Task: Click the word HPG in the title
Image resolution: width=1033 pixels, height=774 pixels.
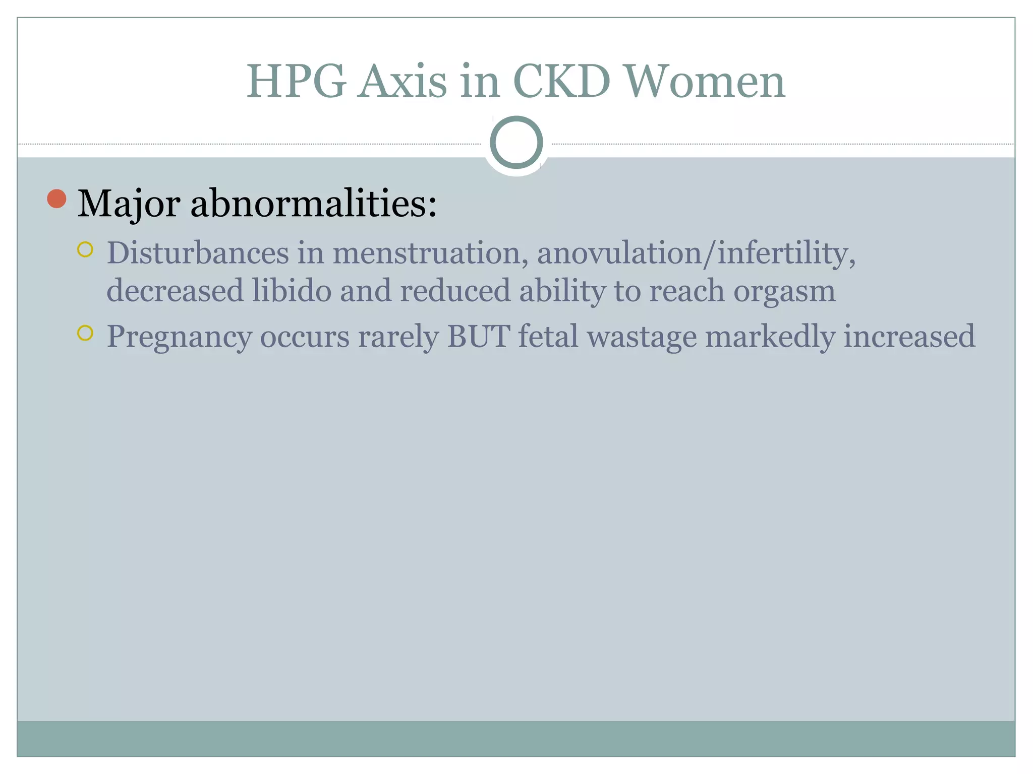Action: point(296,81)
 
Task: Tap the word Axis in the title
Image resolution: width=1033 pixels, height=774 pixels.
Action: point(403,81)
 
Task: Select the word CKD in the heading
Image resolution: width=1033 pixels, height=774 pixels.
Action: point(561,81)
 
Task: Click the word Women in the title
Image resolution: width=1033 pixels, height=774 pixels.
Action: point(705,81)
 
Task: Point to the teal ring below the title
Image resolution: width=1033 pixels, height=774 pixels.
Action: point(516,143)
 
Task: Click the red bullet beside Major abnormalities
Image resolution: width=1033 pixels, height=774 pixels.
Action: point(57,199)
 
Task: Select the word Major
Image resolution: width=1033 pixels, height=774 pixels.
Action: point(129,204)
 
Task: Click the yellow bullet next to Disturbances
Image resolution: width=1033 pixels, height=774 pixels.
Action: point(85,249)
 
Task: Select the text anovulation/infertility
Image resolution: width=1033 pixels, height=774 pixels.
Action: point(696,253)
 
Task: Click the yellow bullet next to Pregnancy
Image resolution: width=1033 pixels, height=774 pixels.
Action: point(85,333)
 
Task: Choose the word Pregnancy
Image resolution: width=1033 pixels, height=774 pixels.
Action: point(179,338)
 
